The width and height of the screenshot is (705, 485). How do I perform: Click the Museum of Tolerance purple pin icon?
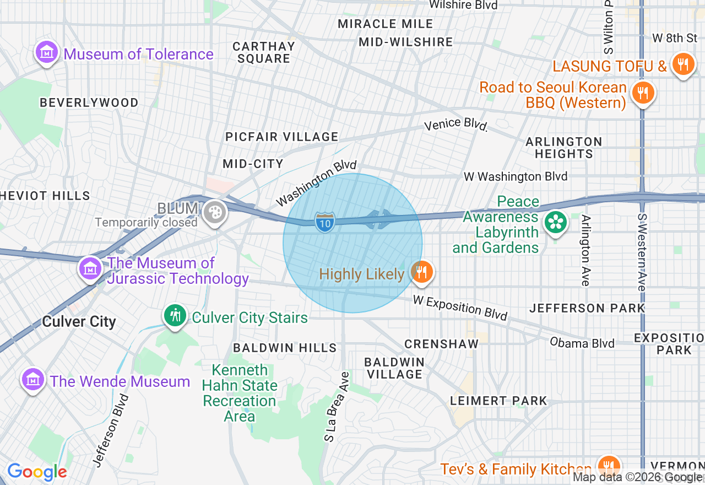(x=47, y=53)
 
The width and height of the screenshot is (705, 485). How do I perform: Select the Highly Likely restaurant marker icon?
(x=421, y=272)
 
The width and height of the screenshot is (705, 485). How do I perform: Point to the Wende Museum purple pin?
(x=33, y=380)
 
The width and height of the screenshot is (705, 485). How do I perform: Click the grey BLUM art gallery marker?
(x=214, y=212)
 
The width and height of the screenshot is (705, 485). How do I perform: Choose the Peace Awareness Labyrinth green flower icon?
(x=555, y=223)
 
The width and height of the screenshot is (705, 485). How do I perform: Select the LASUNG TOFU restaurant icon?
(x=683, y=64)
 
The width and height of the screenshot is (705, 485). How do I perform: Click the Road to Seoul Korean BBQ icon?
(x=642, y=91)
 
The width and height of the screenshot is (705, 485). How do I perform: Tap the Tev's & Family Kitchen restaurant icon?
(x=609, y=466)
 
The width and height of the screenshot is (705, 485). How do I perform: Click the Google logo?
(x=37, y=472)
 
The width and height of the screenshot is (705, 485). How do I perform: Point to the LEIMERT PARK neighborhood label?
(x=499, y=401)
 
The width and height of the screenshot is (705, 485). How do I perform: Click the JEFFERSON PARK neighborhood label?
(x=587, y=308)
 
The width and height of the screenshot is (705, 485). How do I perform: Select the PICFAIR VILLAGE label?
(x=281, y=137)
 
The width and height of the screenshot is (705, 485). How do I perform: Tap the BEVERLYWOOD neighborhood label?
(x=89, y=103)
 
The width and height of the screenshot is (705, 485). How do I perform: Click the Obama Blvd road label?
(x=582, y=343)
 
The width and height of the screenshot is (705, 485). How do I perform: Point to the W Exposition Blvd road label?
(x=460, y=308)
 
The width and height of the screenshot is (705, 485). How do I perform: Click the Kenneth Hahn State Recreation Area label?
(x=240, y=393)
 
